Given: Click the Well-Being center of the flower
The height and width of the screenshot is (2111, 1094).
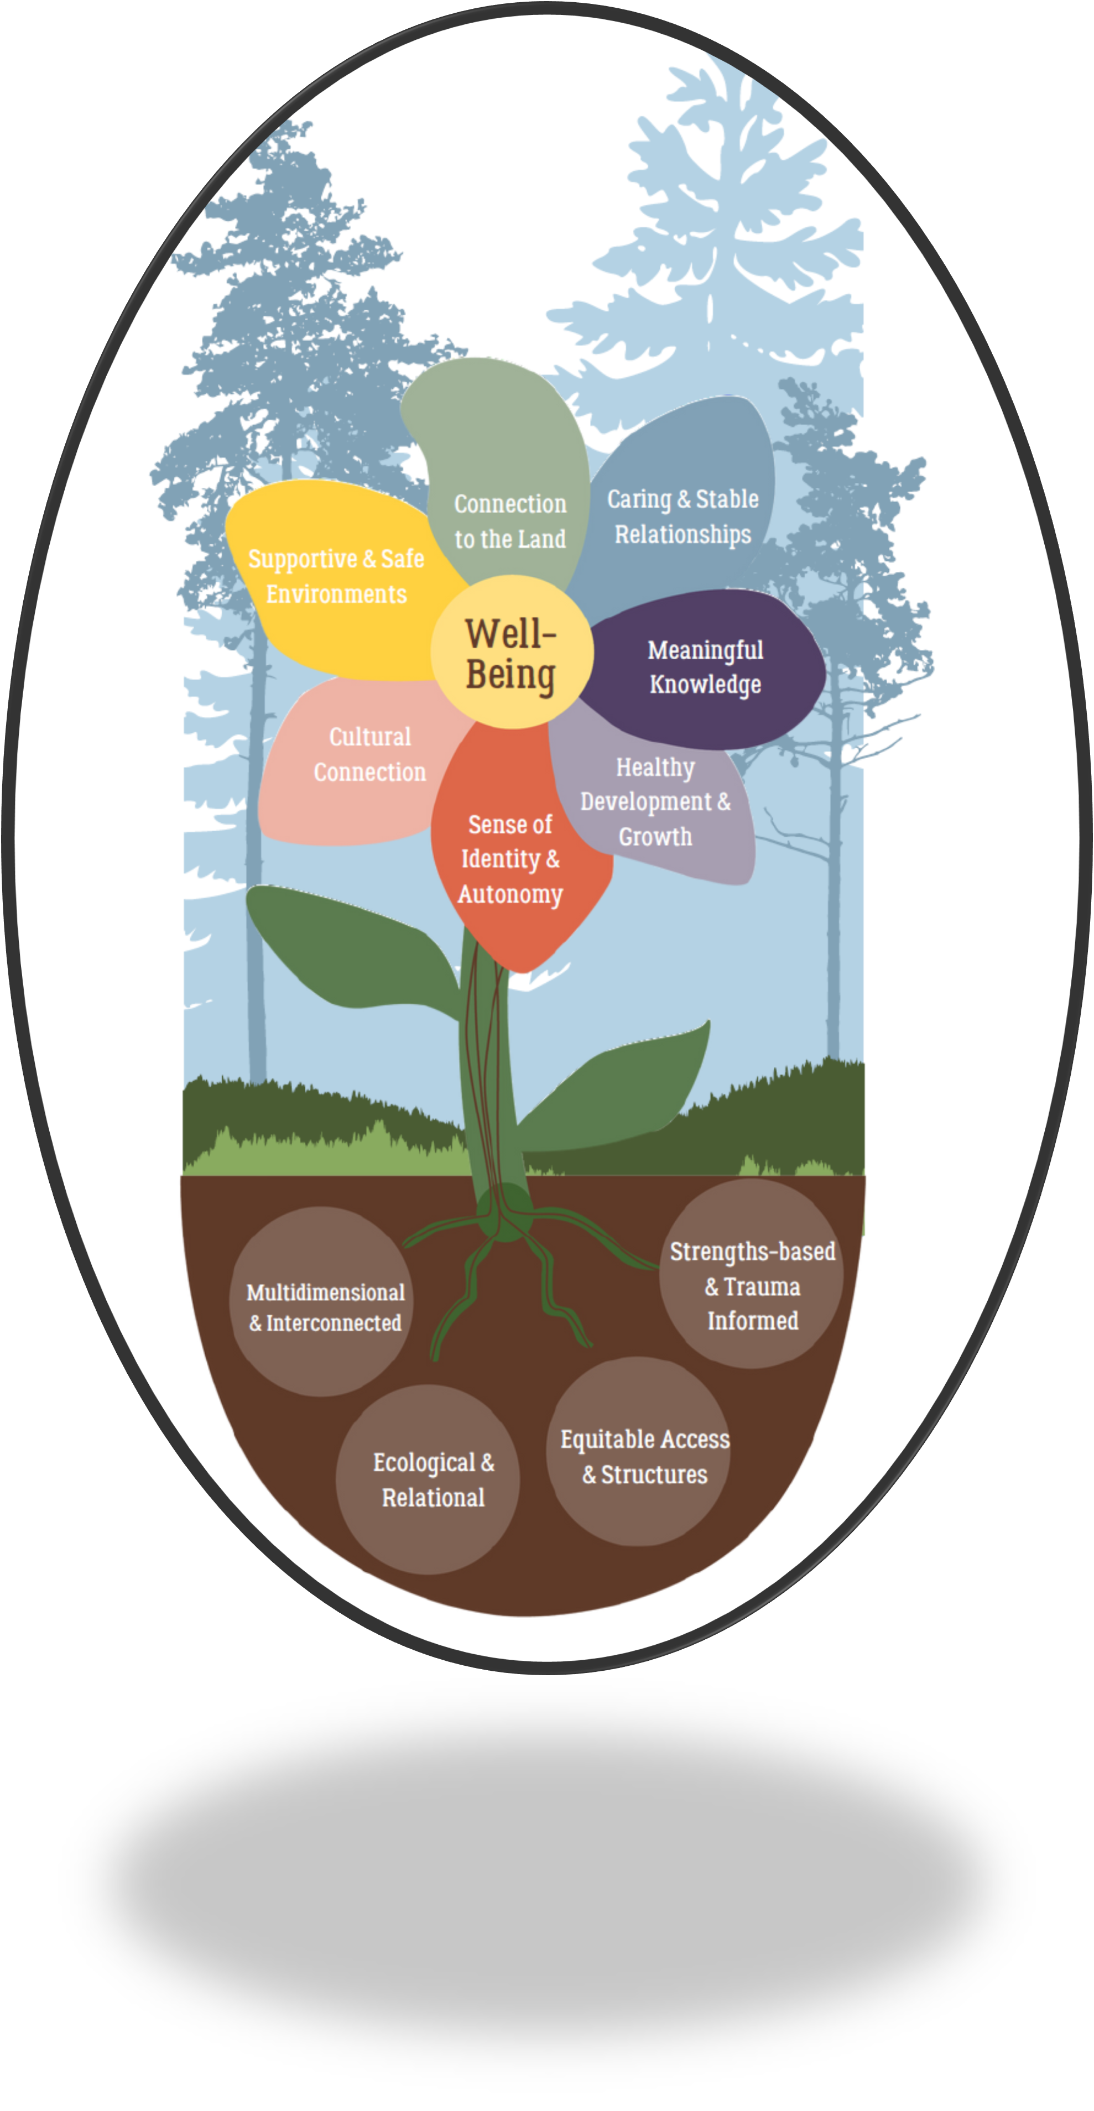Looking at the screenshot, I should click(512, 651).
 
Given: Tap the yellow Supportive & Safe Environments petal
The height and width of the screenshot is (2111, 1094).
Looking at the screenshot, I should click(336, 577).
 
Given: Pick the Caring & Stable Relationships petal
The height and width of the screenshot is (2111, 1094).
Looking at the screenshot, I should click(683, 517).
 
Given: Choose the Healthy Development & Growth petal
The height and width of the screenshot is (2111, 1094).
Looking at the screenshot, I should click(655, 801).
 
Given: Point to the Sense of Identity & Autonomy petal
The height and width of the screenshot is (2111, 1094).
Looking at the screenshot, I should click(510, 859).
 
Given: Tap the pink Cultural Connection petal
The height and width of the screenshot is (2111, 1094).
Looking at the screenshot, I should click(369, 754).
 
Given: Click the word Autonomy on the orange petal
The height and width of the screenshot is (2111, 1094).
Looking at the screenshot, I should click(510, 894).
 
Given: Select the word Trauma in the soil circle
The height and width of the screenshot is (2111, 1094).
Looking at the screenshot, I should click(762, 1286).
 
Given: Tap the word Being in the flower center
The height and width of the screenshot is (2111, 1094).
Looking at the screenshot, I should click(512, 675).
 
